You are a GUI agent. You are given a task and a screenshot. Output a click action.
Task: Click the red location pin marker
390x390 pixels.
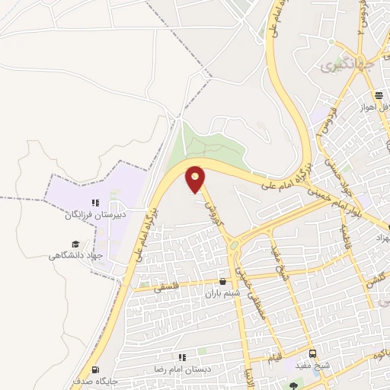(x=196, y=179)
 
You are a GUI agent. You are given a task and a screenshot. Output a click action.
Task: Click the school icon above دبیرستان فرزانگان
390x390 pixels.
(x=96, y=203)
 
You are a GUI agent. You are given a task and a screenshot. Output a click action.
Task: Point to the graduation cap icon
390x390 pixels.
(x=75, y=244)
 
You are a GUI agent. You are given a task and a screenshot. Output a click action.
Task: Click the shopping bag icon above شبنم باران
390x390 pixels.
(x=222, y=281)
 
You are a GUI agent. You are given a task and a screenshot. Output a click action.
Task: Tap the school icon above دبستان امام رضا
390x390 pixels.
(x=182, y=356)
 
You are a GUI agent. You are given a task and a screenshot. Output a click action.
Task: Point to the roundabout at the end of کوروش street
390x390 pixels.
(x=233, y=245)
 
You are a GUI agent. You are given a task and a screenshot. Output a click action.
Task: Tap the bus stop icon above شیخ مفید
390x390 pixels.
(x=312, y=354)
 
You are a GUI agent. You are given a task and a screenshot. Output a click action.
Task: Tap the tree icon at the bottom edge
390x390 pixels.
(x=295, y=386)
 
